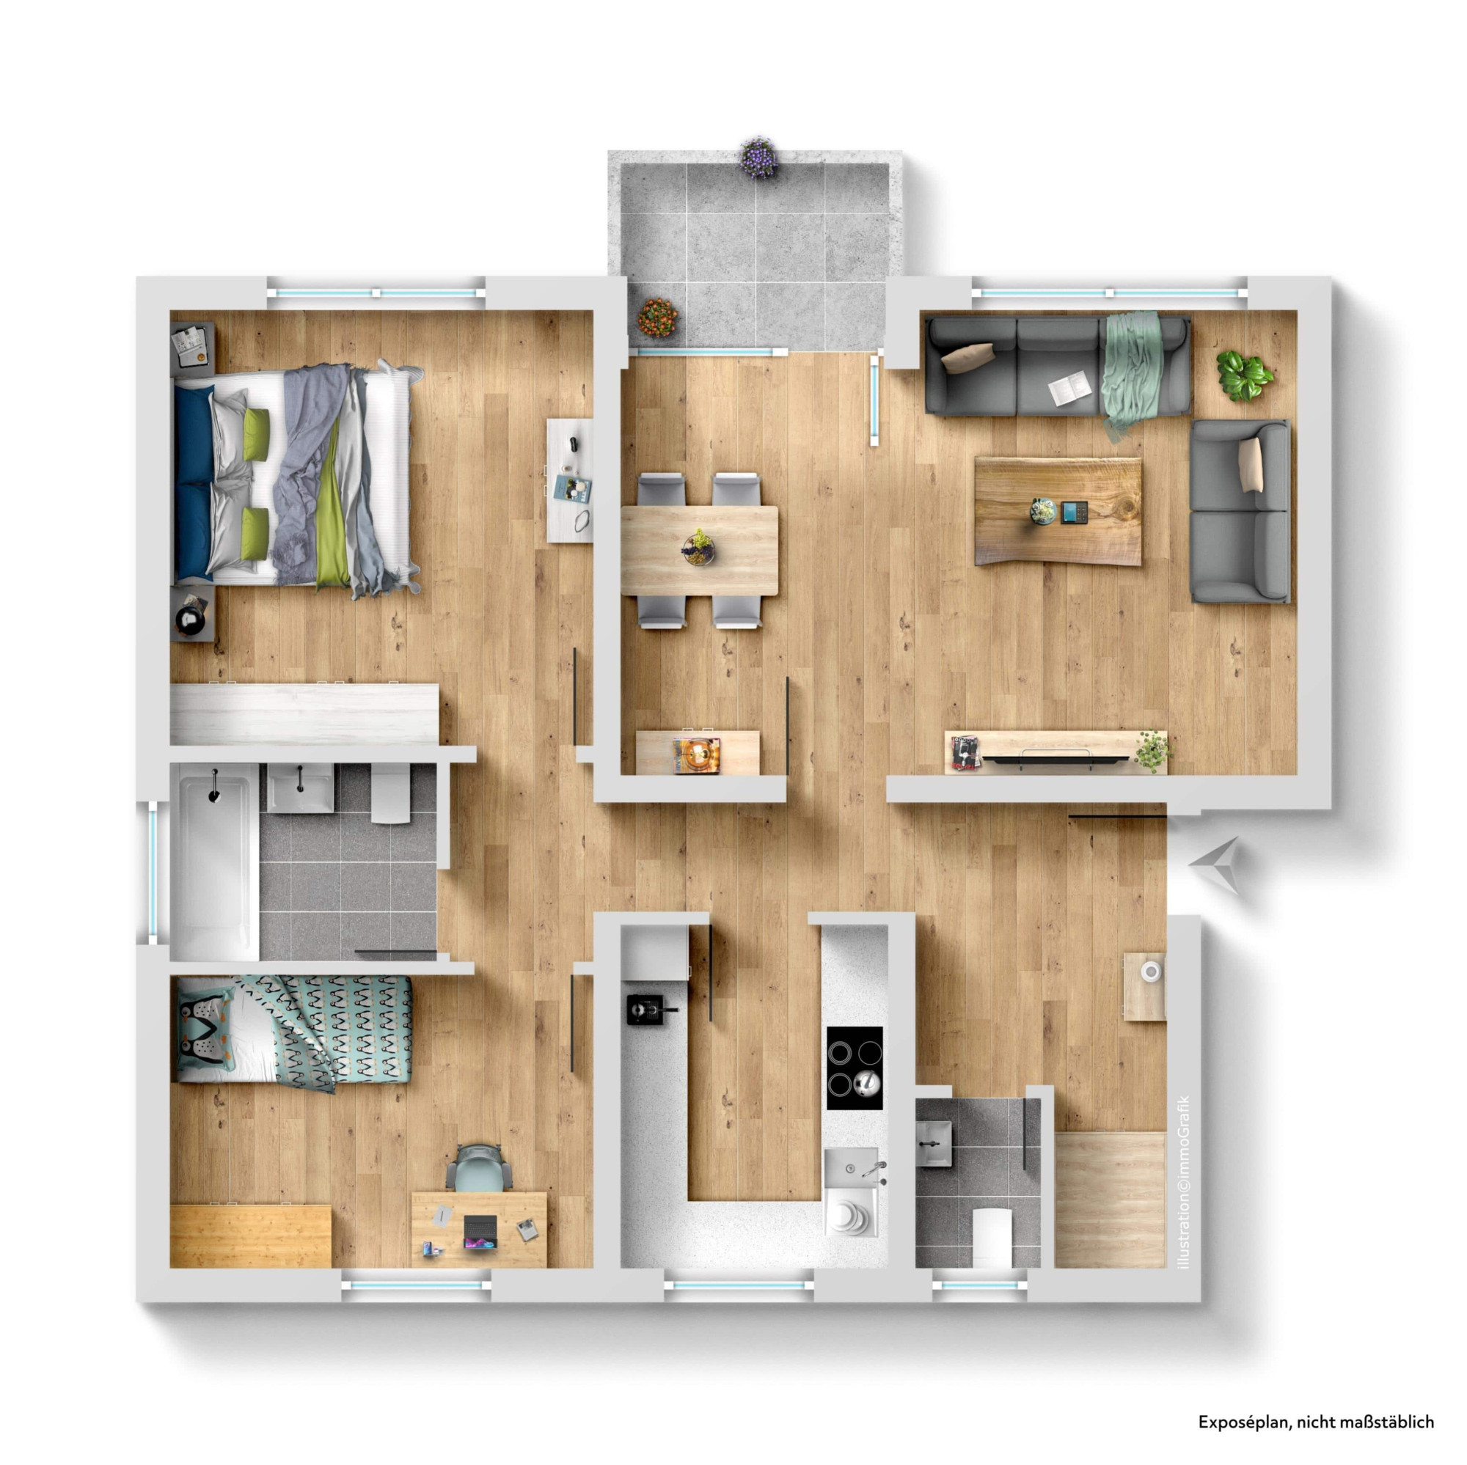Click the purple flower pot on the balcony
click(758, 157)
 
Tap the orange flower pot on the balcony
click(656, 317)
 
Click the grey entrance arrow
click(1214, 864)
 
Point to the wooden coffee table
click(1058, 511)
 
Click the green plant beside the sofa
click(1245, 375)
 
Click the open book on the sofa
click(1069, 390)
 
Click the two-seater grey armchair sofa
click(1240, 511)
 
